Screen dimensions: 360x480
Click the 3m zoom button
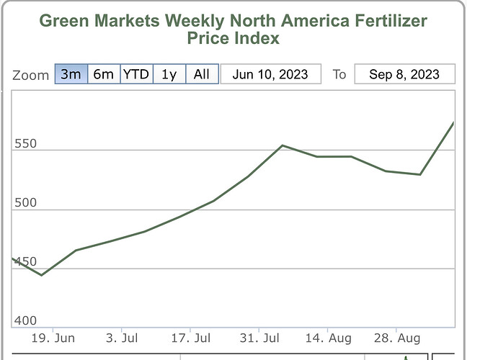click(71, 74)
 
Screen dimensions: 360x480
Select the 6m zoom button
click(103, 74)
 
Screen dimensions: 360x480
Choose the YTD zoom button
click(135, 74)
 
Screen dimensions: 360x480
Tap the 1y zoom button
click(169, 74)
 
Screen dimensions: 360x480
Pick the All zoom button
click(202, 74)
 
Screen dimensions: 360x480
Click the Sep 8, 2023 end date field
click(404, 74)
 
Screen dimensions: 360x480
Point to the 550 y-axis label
click(25, 143)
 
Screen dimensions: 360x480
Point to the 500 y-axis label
click(25, 202)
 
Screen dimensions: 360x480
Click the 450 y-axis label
click(25, 262)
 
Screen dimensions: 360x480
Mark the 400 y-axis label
click(25, 321)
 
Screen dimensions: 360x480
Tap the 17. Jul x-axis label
click(191, 337)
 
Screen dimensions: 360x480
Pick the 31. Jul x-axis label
click(259, 337)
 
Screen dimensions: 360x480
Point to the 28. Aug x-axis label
click(396, 337)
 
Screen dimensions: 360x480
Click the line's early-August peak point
click(283, 145)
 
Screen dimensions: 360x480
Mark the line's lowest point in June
click(41, 275)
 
